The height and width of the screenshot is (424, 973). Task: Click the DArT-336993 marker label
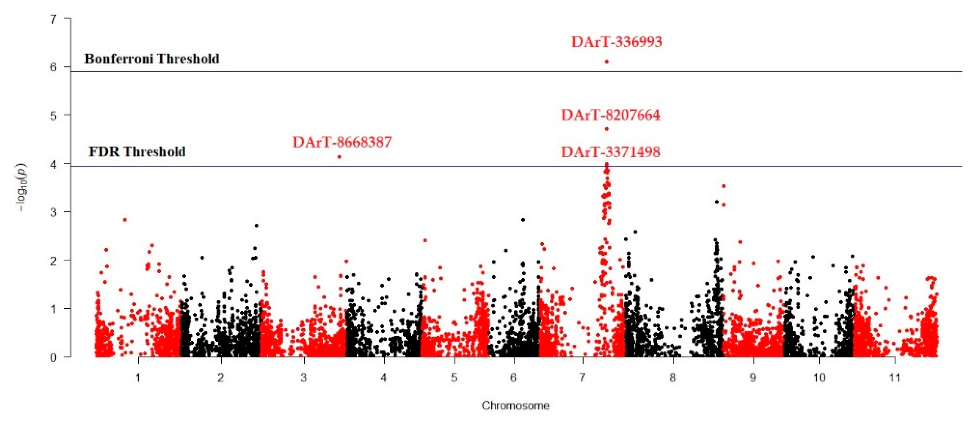pyautogui.click(x=616, y=42)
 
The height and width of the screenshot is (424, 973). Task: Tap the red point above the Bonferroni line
pyautogui.click(x=607, y=62)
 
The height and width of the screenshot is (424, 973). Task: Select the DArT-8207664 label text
pyautogui.click(x=611, y=115)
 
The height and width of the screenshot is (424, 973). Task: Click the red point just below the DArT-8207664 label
pyautogui.click(x=607, y=129)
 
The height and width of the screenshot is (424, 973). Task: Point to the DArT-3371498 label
pyautogui.click(x=611, y=152)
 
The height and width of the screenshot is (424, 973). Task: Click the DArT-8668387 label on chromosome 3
pyautogui.click(x=342, y=142)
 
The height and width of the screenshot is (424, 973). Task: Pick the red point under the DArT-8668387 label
pyautogui.click(x=339, y=157)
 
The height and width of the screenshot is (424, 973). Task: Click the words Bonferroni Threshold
pyautogui.click(x=151, y=59)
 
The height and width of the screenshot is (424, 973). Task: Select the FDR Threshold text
pyautogui.click(x=137, y=152)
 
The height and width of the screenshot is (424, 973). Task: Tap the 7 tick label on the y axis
pyautogui.click(x=53, y=19)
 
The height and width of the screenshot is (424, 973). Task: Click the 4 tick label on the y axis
pyautogui.click(x=53, y=164)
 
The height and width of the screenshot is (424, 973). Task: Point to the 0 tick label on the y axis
pyautogui.click(x=53, y=357)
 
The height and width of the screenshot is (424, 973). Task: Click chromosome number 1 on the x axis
pyautogui.click(x=138, y=377)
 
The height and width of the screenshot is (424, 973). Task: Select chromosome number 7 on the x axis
pyautogui.click(x=582, y=377)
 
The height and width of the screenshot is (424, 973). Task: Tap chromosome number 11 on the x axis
pyautogui.click(x=895, y=377)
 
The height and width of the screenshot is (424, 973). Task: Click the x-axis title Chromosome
pyautogui.click(x=516, y=406)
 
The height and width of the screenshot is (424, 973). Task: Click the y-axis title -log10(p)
pyautogui.click(x=22, y=187)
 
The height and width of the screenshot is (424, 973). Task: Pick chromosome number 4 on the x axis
pyautogui.click(x=384, y=377)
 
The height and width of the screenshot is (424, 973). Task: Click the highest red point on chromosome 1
pyautogui.click(x=125, y=220)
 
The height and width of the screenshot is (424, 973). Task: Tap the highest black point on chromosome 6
pyautogui.click(x=523, y=220)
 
